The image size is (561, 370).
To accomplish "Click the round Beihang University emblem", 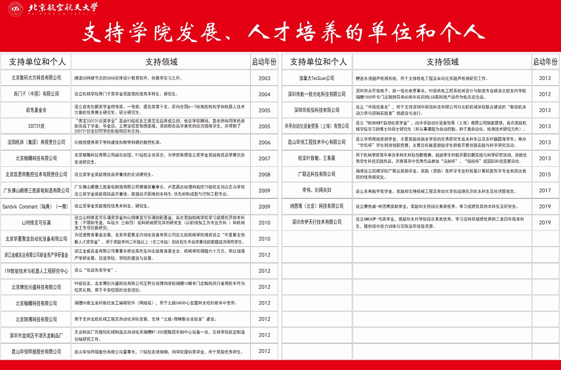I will (x=16, y=8).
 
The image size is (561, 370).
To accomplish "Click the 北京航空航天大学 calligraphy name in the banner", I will (x=63, y=8).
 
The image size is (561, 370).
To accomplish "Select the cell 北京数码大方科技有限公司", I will (x=36, y=77).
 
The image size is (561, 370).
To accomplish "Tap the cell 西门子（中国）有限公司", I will (x=36, y=94).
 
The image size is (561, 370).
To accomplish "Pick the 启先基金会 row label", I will (x=36, y=110).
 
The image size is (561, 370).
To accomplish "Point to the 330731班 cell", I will (x=36, y=126).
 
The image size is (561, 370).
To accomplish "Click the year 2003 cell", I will (x=264, y=78).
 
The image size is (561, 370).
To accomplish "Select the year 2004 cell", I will (x=264, y=94).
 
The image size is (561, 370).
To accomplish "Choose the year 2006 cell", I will (x=264, y=142).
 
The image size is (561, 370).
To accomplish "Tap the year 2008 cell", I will (x=264, y=174).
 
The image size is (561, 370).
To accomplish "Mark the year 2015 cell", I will (x=545, y=174).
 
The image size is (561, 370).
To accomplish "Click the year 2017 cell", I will (x=545, y=190).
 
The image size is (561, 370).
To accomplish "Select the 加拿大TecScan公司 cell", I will (x=317, y=78).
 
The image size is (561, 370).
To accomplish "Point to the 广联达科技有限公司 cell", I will (x=317, y=174).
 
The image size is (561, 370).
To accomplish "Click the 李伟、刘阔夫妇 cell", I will (x=317, y=190).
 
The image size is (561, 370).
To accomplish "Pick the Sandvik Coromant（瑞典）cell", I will (x=35, y=207).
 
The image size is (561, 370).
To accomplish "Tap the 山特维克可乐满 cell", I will (x=36, y=223).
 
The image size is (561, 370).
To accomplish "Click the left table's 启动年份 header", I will (x=264, y=62).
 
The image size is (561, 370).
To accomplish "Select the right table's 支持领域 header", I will (x=442, y=62).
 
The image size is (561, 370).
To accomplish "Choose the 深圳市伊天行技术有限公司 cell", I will (x=317, y=222).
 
